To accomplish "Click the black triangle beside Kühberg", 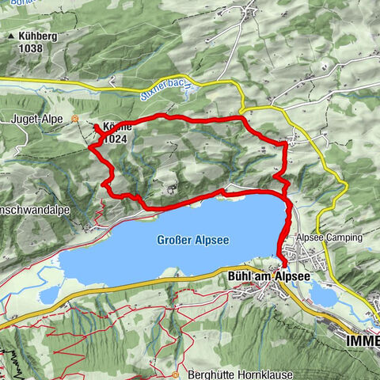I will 10,36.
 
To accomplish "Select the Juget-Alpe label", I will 36,120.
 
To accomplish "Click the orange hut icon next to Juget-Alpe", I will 75,120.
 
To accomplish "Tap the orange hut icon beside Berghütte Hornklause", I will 175,374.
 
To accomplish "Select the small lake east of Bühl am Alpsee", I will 325,295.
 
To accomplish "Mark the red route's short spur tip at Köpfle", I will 96,127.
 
